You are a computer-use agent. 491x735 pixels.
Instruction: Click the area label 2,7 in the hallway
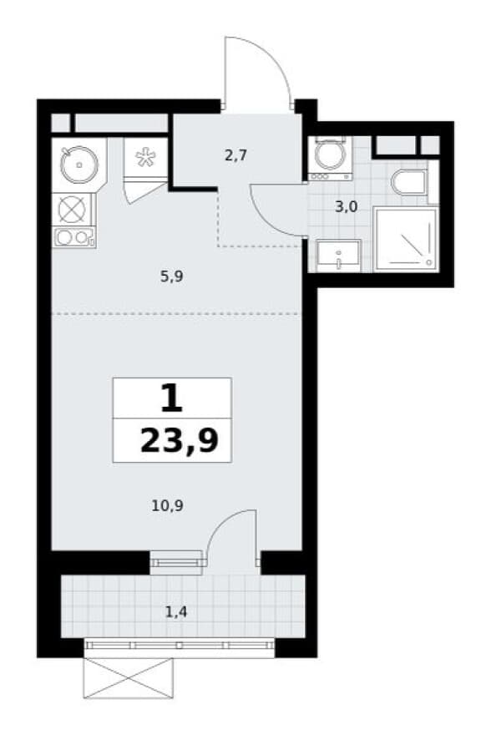[x=235, y=155]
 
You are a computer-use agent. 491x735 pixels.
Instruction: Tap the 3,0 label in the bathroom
[x=347, y=206]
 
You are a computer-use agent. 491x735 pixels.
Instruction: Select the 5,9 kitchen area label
[x=171, y=276]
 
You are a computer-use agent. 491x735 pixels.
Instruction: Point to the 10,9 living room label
[x=167, y=505]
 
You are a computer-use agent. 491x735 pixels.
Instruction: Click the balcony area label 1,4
[x=176, y=611]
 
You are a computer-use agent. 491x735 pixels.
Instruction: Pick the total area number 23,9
[x=180, y=441]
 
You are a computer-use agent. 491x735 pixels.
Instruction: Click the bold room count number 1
[x=171, y=398]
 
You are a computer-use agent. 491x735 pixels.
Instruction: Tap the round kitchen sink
[x=79, y=165]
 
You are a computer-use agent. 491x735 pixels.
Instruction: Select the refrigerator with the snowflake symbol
[x=145, y=158]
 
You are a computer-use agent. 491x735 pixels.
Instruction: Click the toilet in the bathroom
[x=409, y=182]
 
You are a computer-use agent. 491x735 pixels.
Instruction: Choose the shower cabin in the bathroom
[x=406, y=239]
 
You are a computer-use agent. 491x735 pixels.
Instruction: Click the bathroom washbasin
[x=338, y=256]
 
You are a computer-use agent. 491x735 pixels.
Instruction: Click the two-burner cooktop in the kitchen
[x=74, y=237]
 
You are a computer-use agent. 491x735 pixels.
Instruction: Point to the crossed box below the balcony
[x=129, y=678]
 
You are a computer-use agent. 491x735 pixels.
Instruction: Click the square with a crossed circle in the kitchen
[x=72, y=209]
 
